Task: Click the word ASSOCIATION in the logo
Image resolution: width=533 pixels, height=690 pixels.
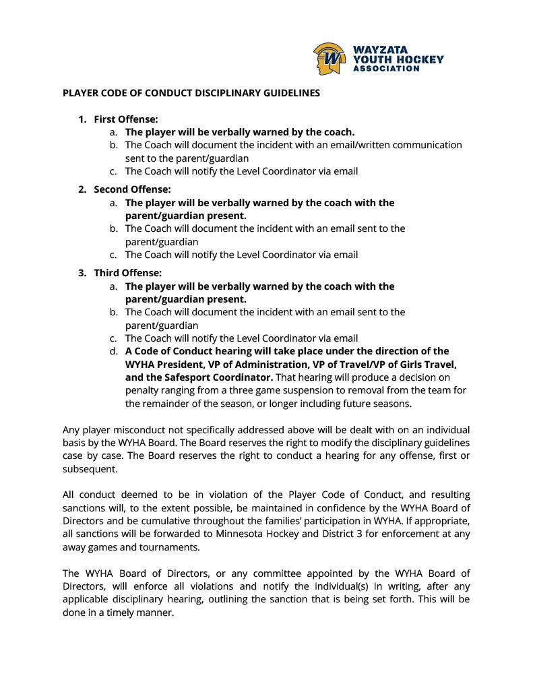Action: tap(386, 69)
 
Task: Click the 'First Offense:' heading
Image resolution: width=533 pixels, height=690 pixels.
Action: tap(126, 119)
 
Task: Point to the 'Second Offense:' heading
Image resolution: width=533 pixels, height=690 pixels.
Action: tap(132, 189)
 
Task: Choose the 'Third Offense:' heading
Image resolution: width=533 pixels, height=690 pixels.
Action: tap(128, 273)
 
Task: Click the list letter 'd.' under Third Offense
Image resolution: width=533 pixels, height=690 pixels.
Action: tap(114, 351)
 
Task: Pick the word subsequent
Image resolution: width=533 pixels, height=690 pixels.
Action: tap(90, 469)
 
